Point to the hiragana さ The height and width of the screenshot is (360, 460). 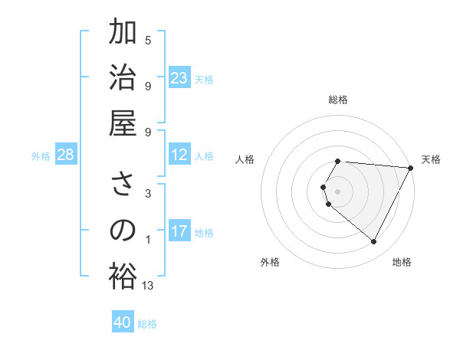pyautogui.click(x=123, y=185)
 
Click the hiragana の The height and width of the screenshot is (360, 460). pyautogui.click(x=123, y=231)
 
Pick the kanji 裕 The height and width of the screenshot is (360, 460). pyautogui.click(x=123, y=276)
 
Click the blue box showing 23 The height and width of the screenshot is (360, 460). pyautogui.click(x=179, y=78)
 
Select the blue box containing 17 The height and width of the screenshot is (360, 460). pyautogui.click(x=179, y=232)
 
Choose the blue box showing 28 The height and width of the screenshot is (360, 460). pyautogui.click(x=66, y=155)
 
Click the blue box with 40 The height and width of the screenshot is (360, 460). pyautogui.click(x=123, y=322)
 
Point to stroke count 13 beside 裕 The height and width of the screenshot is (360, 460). pyautogui.click(x=148, y=286)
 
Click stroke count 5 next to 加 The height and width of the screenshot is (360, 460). pyautogui.click(x=148, y=40)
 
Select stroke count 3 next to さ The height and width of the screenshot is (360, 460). pyautogui.click(x=148, y=194)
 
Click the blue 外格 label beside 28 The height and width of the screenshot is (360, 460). pyautogui.click(x=41, y=156)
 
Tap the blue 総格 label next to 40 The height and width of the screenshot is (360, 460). pyautogui.click(x=147, y=324)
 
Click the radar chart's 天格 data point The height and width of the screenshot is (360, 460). pyautogui.click(x=411, y=167)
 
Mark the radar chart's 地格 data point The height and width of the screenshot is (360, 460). pyautogui.click(x=374, y=242)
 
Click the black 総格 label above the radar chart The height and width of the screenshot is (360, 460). pyautogui.click(x=337, y=100)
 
